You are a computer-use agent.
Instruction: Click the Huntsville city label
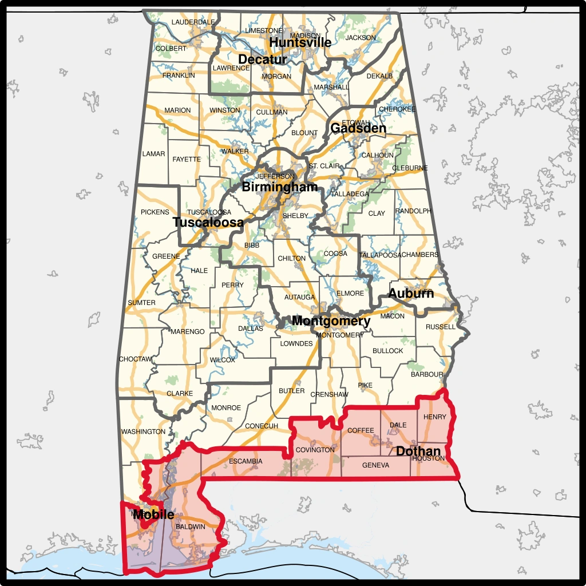300,42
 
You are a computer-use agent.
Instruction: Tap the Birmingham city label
279,187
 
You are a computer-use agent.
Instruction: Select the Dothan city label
418,451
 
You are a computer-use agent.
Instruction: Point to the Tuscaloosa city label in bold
208,223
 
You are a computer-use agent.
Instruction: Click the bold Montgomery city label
331,320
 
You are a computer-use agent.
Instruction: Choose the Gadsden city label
358,129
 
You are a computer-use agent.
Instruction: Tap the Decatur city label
263,60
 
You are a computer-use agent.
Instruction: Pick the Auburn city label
411,294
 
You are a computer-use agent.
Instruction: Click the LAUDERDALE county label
193,22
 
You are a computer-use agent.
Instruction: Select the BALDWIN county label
191,526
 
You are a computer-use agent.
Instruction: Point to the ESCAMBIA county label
246,461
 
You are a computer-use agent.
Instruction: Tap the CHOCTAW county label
135,359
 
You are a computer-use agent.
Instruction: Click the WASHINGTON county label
143,431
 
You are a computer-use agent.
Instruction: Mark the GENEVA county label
375,465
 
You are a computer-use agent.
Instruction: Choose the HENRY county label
435,417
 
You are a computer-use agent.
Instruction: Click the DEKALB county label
379,76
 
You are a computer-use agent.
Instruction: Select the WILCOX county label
223,360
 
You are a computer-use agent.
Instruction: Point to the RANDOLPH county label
413,211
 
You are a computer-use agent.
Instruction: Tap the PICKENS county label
155,212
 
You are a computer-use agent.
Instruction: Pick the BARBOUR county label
427,375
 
